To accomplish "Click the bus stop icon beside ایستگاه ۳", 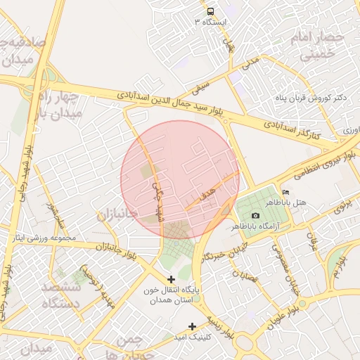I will tap(211, 12).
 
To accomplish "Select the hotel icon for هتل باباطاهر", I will tap(285, 192).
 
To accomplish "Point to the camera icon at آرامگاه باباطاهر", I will tap(255, 215).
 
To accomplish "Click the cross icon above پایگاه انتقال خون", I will tap(172, 279).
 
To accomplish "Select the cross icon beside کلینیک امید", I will tap(193, 326).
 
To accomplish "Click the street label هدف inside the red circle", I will tap(205, 199).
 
